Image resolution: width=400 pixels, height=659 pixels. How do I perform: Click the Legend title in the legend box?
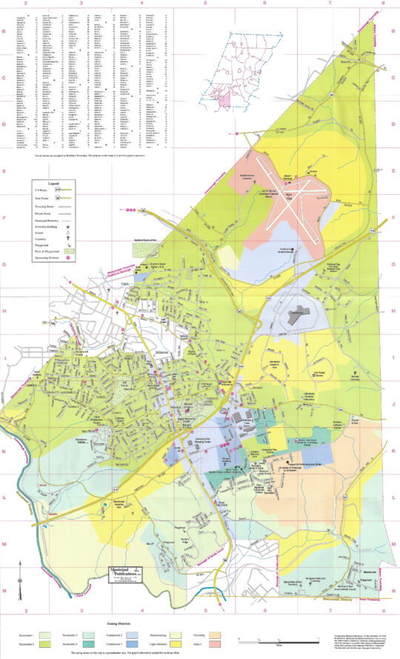click(53, 182)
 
